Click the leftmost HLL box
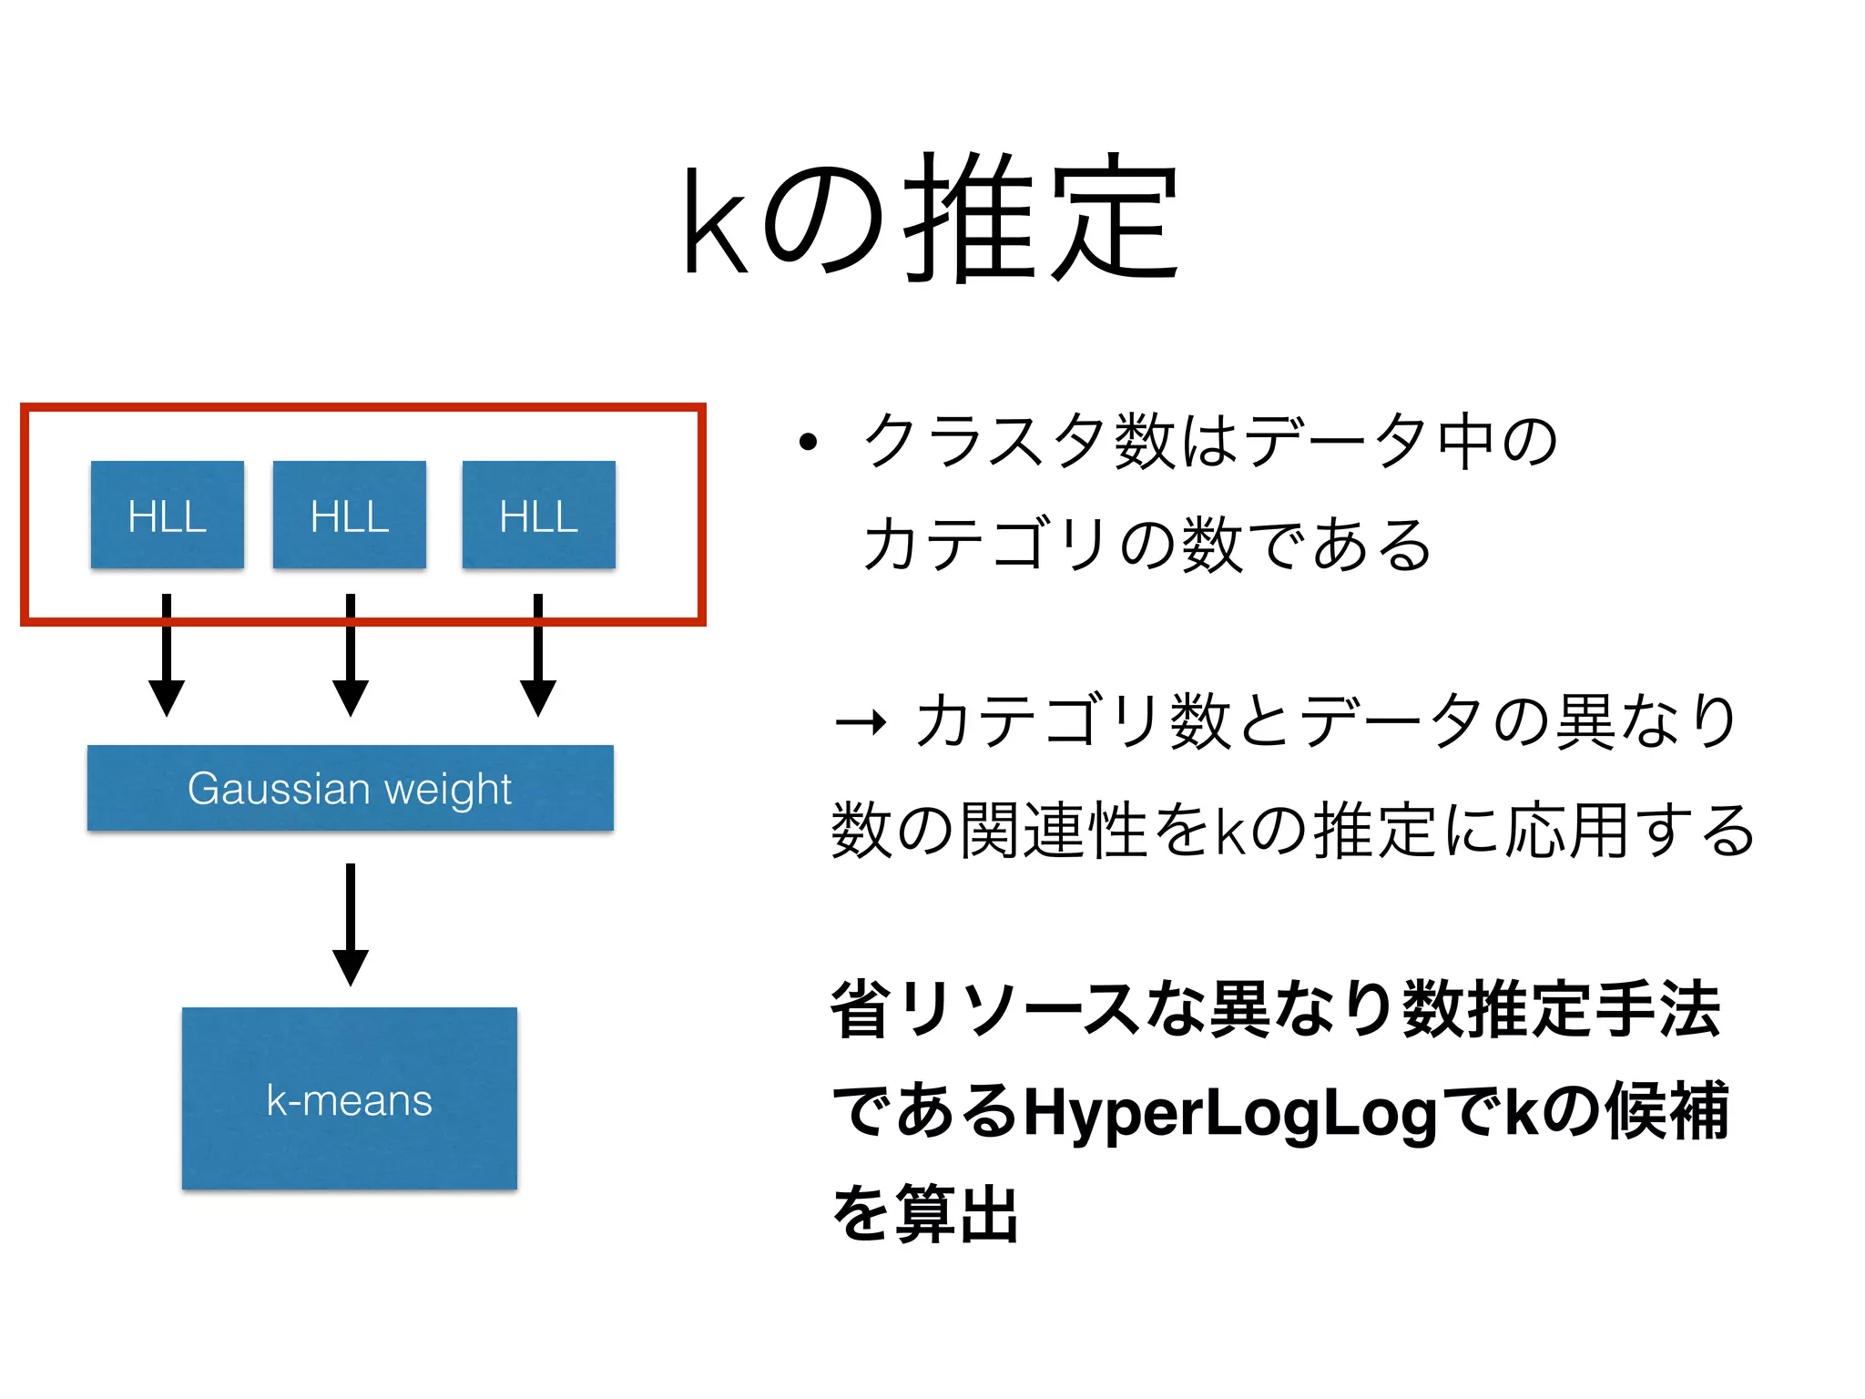coord(168,516)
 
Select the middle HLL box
coord(350,516)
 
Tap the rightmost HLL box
coord(539,516)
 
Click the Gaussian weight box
coord(350,788)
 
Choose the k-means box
coord(350,1098)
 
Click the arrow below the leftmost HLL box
coord(167,656)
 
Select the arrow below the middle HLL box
coord(351,656)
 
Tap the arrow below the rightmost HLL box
coord(538,656)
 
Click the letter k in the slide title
coord(716,221)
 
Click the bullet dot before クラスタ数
coord(808,443)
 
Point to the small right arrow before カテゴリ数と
coord(860,723)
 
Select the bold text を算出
coord(925,1213)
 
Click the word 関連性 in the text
coord(1054,831)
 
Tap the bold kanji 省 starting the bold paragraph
coord(861,1009)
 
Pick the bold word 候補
coord(1666,1111)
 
